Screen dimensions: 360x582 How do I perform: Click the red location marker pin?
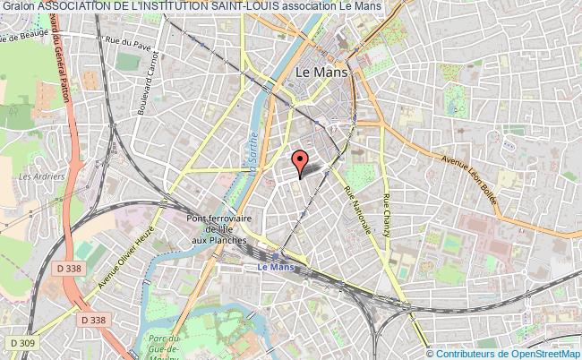click(x=301, y=161)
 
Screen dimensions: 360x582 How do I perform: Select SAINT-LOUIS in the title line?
click(x=245, y=6)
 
